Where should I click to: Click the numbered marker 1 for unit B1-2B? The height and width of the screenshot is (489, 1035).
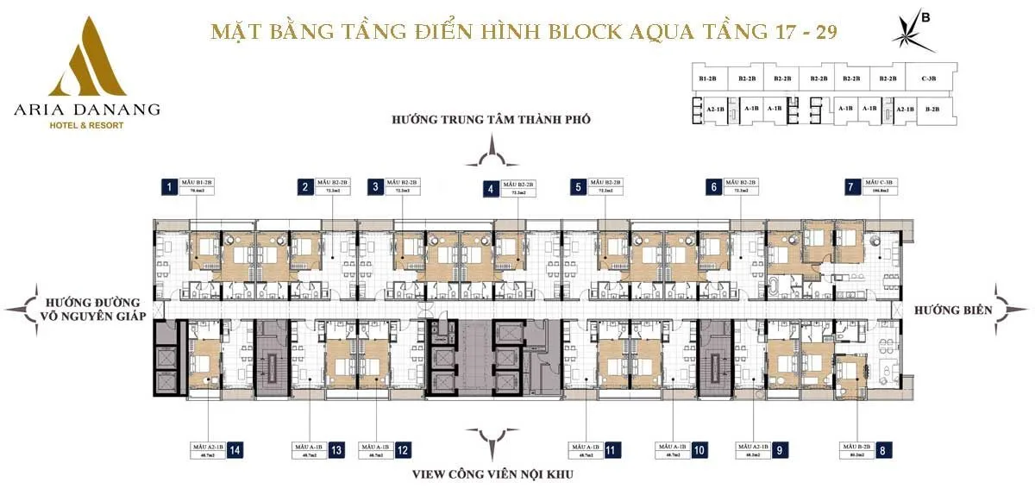coord(171,185)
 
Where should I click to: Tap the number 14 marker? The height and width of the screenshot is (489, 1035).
coord(235,449)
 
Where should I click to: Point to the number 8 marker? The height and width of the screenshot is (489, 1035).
coord(882,449)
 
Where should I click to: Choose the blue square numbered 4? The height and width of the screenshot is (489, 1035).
coord(490,188)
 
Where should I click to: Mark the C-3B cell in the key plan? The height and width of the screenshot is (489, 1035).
coord(928,78)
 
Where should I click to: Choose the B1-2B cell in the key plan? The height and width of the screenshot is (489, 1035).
coord(709,78)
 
